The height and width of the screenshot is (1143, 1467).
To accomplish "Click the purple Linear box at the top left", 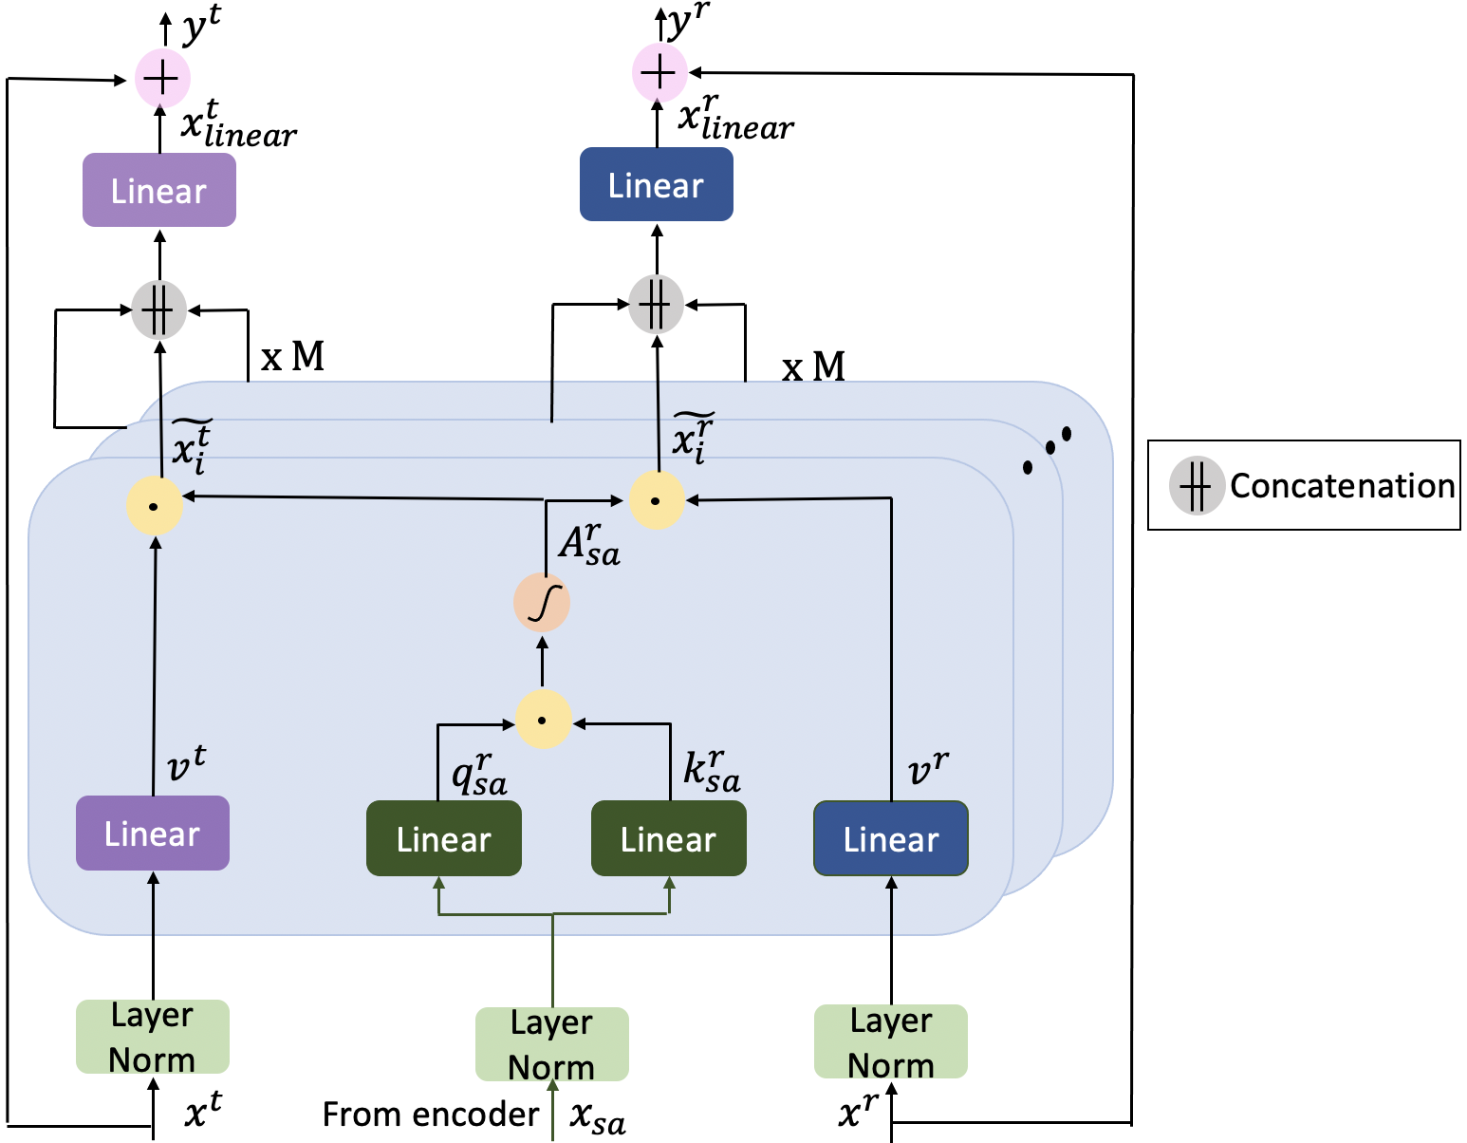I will point(158,191).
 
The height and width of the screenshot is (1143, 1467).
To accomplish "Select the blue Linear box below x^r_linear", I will point(656,185).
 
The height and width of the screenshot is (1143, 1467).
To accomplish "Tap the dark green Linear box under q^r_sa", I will point(443,839).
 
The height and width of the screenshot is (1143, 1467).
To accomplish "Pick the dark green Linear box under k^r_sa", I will point(668,839).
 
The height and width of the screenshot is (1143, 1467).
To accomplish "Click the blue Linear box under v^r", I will point(890,839).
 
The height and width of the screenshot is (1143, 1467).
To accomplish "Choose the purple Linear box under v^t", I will point(152,834).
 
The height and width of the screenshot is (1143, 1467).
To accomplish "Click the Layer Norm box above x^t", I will point(152,1037).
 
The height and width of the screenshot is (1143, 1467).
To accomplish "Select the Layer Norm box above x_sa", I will point(551,1044).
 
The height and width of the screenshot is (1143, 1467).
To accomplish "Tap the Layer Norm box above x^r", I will point(890,1041).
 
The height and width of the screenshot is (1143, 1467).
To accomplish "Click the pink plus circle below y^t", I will point(162,78).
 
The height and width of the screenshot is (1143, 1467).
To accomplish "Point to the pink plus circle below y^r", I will point(659,72).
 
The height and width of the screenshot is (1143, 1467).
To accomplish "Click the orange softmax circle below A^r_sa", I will point(542,603).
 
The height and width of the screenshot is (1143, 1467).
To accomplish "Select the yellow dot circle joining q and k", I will point(543,721).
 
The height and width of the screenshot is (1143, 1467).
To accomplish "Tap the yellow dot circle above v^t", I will point(154,506).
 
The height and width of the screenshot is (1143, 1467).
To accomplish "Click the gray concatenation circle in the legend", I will point(1196,485).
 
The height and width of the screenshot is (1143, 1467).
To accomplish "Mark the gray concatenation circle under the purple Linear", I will point(158,309).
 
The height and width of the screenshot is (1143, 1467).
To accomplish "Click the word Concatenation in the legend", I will point(1342,486).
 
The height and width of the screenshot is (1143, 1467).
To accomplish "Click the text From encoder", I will point(430,1115).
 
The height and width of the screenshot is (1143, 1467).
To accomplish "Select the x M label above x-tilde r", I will point(813,366).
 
